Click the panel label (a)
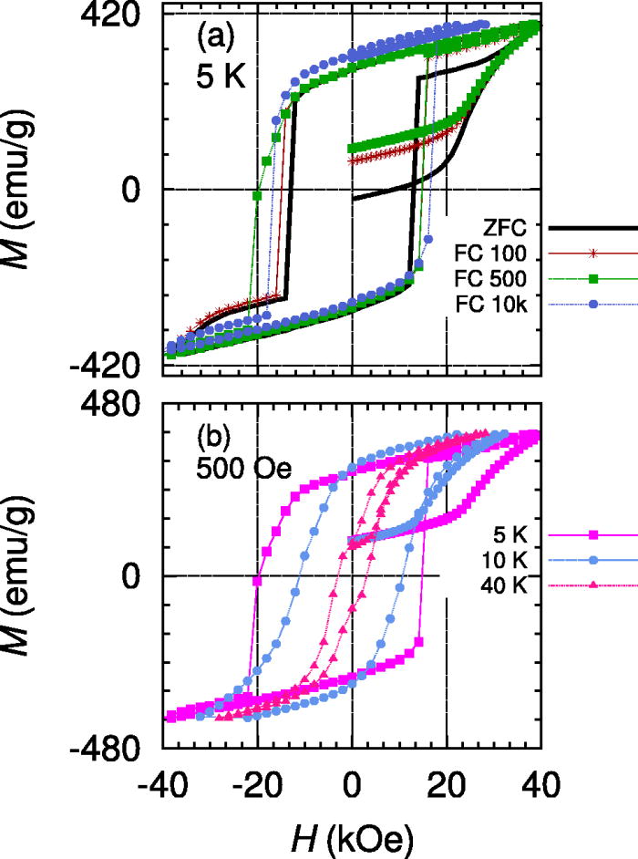(x=217, y=40)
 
